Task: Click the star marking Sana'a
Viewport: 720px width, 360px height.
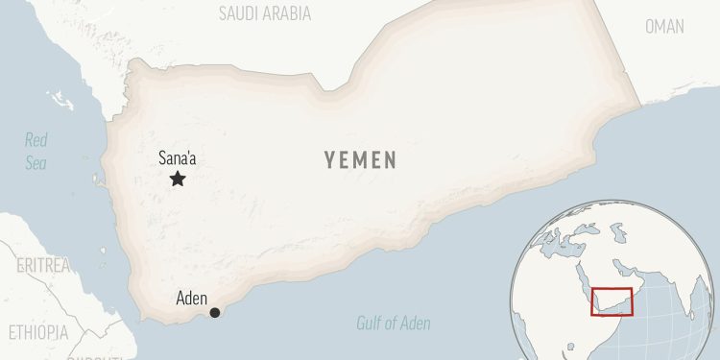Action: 178,179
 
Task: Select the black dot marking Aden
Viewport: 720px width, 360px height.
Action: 214,312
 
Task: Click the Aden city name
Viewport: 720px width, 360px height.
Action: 192,298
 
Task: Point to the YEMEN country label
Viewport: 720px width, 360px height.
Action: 359,160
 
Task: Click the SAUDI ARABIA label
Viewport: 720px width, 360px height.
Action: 265,13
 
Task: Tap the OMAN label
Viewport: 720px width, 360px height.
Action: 664,27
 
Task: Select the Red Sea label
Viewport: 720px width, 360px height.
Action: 36,152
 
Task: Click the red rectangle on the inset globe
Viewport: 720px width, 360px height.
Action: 612,301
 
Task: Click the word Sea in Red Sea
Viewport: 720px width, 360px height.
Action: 36,163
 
